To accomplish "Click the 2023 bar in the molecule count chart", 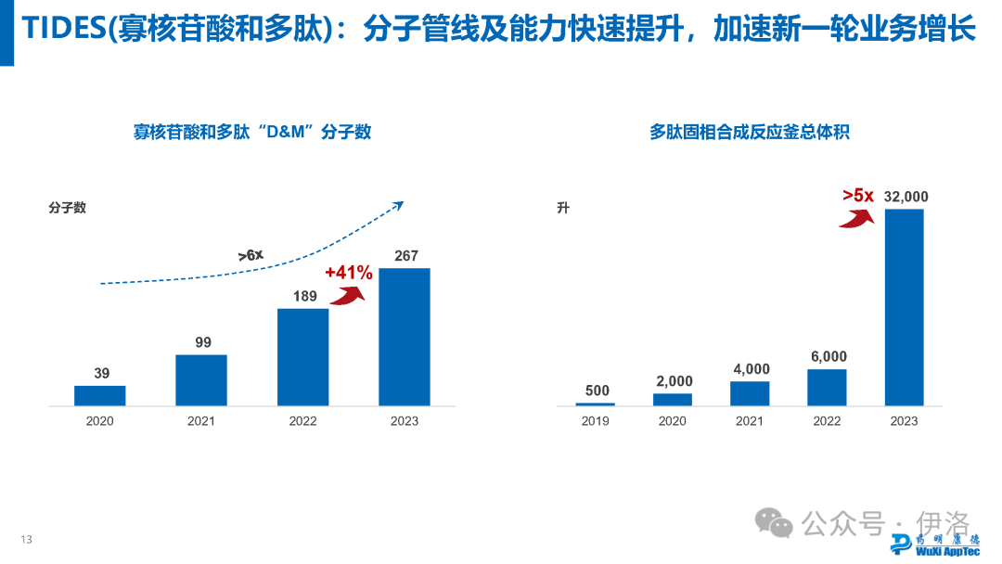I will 405,337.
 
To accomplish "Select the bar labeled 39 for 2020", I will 100,396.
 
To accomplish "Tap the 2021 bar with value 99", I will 201,380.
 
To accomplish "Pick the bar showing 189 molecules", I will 302,357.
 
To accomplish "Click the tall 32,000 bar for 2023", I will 904,307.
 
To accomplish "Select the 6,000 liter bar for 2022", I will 827,388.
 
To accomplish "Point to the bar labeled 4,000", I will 750,393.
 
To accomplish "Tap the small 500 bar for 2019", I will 595,404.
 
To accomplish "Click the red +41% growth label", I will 349,273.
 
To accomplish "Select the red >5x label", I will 858,195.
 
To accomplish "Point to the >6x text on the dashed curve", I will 250,254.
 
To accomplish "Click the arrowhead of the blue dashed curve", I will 399,204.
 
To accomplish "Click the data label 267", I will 406,256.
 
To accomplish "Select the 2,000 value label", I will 673,381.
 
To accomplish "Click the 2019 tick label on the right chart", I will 595,421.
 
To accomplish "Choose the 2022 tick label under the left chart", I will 302,421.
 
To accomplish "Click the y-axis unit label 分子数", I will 67,208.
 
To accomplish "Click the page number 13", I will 27,540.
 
